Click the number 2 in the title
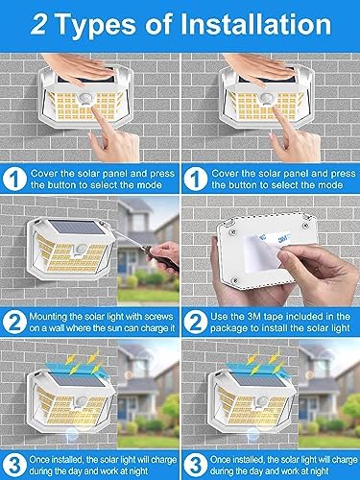point(38,25)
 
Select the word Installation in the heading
point(255,24)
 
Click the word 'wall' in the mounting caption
point(57,328)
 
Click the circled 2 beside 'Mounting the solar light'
point(14,323)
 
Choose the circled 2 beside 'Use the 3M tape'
point(196,323)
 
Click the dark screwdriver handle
point(160,256)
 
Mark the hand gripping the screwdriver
point(165,257)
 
